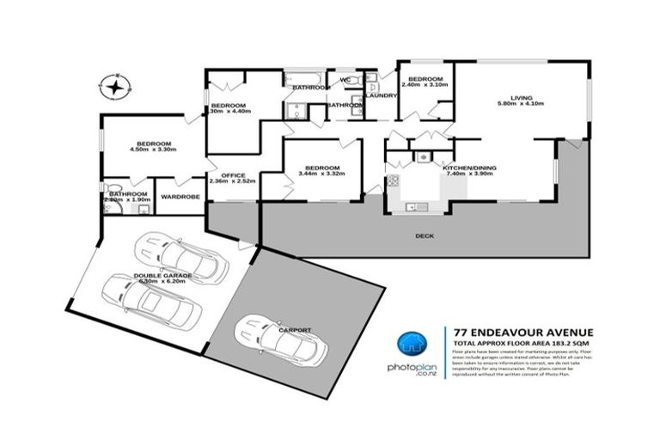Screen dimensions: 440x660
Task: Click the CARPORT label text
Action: click(295, 329)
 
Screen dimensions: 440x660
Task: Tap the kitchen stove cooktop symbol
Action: click(394, 180)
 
